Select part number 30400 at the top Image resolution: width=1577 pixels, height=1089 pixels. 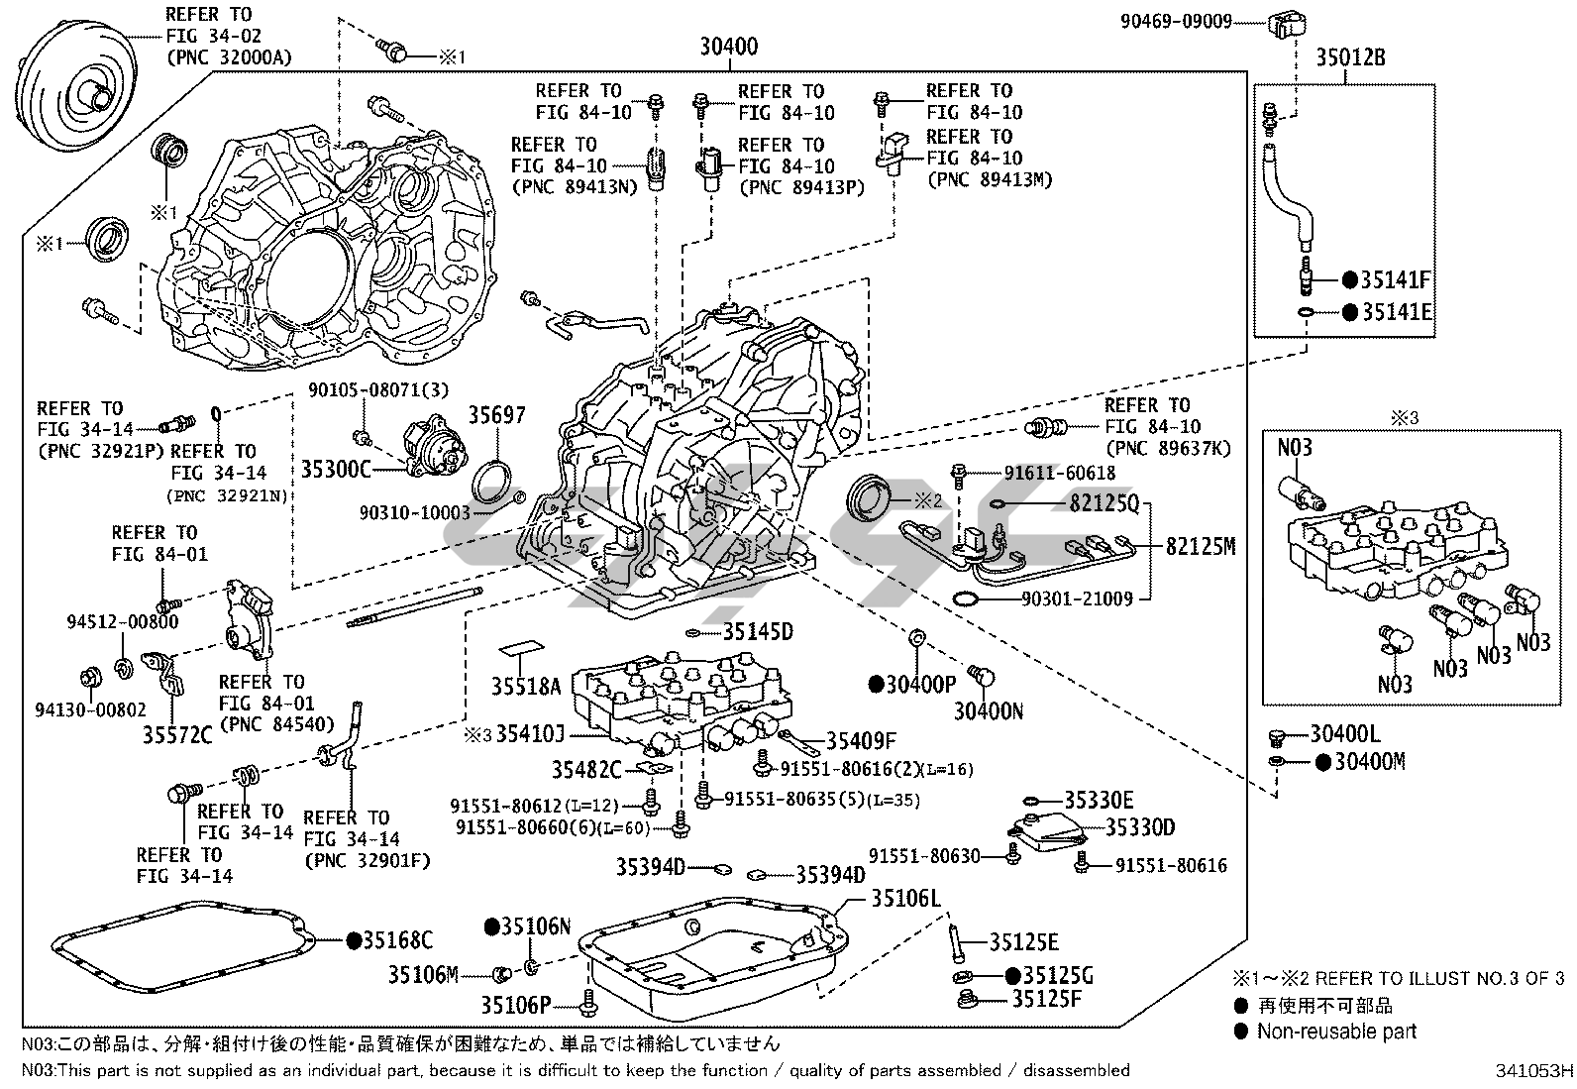[728, 47]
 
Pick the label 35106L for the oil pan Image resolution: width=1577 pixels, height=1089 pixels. [905, 899]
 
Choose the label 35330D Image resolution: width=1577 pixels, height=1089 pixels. [1140, 827]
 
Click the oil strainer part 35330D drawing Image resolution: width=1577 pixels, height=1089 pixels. [1046, 828]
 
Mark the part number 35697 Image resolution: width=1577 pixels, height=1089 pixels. [496, 416]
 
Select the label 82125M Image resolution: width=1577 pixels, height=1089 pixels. [1201, 546]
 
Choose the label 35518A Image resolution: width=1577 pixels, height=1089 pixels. [526, 685]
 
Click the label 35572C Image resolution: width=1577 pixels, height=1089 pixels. [177, 734]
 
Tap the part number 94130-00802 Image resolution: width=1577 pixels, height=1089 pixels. [90, 709]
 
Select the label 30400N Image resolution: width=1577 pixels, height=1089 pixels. [989, 710]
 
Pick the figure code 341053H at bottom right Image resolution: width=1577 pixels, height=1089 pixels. [1534, 1071]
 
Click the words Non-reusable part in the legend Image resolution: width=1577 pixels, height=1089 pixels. [1336, 1032]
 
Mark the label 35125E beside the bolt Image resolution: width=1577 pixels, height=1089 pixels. [1023, 942]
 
